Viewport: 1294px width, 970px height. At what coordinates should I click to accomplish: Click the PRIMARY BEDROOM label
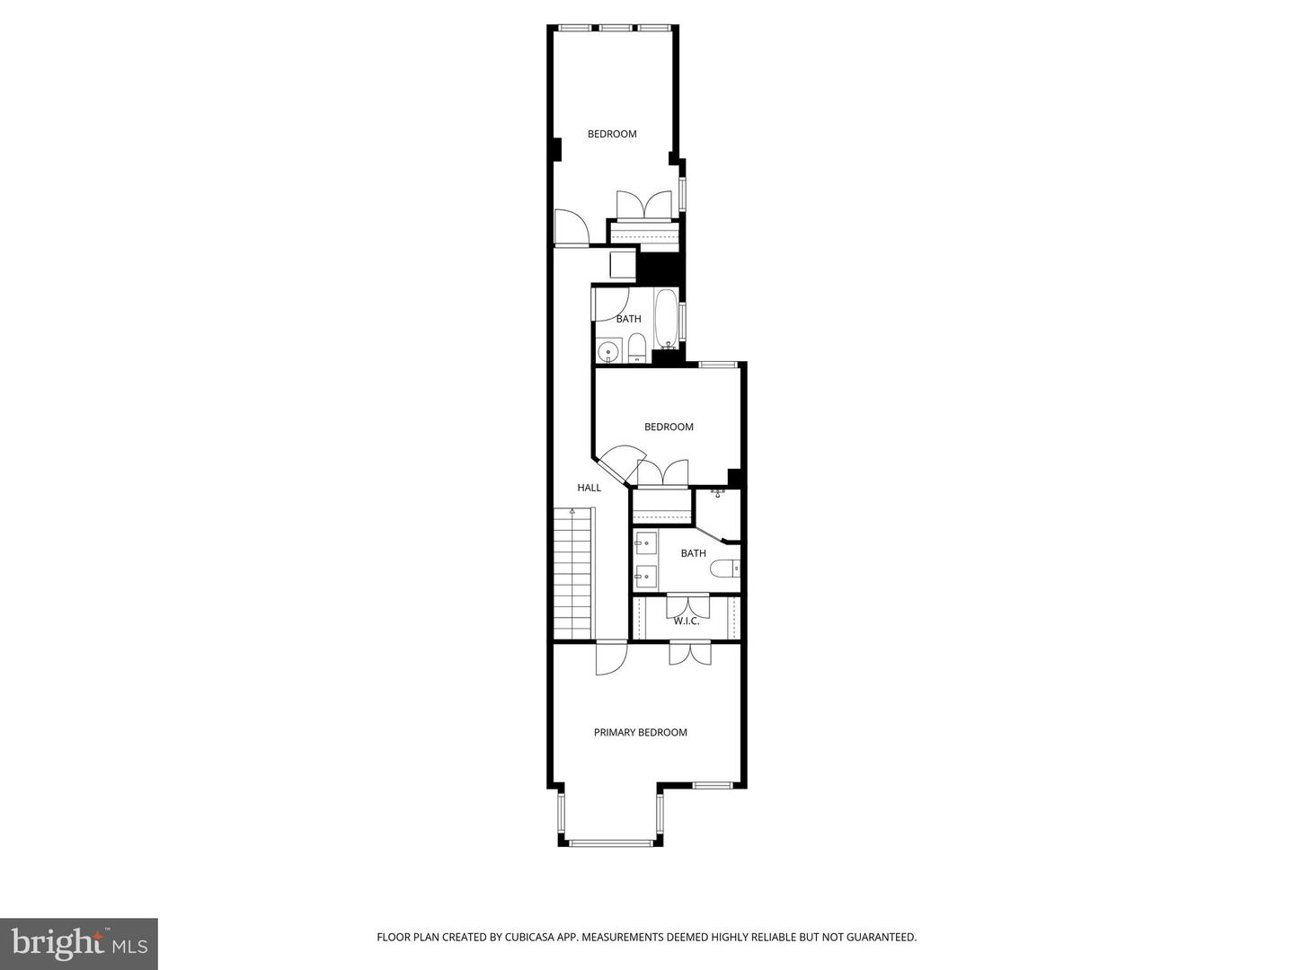(x=640, y=732)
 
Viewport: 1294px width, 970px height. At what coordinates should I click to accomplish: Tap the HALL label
(x=589, y=488)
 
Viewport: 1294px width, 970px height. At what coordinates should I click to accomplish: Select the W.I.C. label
(x=687, y=621)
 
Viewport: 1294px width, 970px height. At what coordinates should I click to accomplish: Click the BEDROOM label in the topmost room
(x=612, y=134)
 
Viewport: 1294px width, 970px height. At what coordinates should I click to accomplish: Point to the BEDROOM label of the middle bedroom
(x=669, y=427)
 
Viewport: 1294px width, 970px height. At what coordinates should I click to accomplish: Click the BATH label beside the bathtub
(x=628, y=319)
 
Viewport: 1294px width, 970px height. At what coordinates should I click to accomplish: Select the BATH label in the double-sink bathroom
(x=693, y=553)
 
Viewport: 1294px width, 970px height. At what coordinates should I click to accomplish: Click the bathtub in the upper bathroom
(x=666, y=319)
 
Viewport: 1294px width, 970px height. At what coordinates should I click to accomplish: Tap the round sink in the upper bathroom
(x=608, y=351)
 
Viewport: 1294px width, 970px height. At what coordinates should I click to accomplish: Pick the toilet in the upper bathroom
(x=636, y=348)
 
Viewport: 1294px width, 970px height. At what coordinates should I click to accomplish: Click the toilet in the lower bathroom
(x=724, y=569)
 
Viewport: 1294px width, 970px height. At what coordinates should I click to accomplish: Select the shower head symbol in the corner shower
(x=718, y=493)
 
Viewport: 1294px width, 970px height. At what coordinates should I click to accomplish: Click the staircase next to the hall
(x=573, y=575)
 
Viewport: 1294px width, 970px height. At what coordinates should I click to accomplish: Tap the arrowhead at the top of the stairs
(x=572, y=511)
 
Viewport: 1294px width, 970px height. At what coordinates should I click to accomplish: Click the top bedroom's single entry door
(x=570, y=228)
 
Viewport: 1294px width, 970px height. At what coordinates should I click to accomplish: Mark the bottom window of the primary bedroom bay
(x=611, y=842)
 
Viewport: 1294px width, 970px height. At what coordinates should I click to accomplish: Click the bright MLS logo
(x=79, y=943)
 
